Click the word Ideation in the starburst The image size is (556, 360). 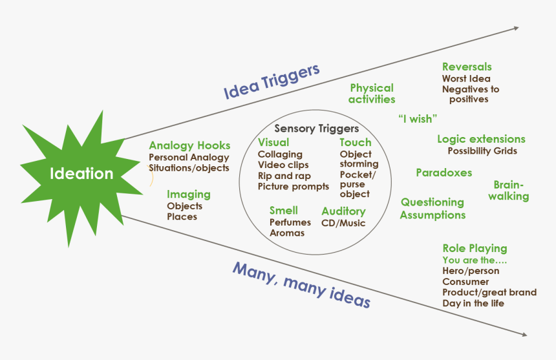81,174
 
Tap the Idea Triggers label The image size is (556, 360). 272,83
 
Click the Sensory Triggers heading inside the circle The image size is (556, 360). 316,129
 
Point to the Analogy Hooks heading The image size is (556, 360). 189,145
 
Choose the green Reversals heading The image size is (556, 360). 467,67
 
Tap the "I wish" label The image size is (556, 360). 418,118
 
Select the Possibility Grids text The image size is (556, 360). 482,151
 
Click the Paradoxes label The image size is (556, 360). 444,173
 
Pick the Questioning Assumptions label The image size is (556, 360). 433,209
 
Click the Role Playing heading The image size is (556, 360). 475,248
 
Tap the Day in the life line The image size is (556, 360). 473,303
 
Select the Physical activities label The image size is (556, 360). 372,94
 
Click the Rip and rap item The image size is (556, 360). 284,176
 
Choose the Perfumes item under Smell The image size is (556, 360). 290,222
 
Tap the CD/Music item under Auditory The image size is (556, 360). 343,223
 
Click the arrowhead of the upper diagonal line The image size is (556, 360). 515,28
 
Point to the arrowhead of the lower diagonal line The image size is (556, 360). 524,334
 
